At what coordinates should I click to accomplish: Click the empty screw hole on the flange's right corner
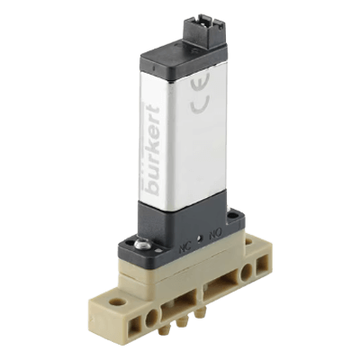tap(235, 216)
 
